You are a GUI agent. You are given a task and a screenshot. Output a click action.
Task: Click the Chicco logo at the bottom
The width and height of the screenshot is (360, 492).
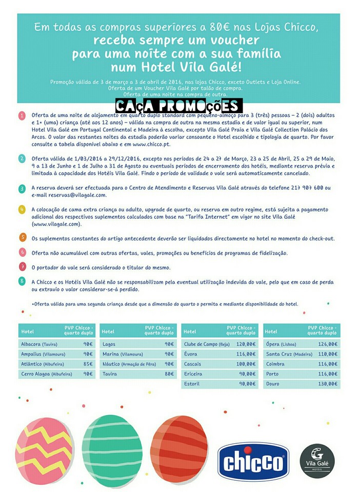tap(253, 463)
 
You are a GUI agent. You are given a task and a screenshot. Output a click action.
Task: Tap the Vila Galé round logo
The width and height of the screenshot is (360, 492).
tap(317, 461)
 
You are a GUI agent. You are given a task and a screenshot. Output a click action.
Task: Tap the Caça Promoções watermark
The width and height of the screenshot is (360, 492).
tap(178, 107)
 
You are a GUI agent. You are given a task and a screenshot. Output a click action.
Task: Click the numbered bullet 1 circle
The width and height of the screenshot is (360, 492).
tap(22, 115)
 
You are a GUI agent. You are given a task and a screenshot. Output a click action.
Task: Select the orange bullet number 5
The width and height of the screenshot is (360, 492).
tap(23, 238)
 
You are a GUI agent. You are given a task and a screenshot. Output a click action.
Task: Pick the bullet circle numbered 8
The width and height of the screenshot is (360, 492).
tap(23, 281)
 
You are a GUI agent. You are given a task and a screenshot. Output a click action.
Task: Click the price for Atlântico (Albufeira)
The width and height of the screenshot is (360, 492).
tap(88, 364)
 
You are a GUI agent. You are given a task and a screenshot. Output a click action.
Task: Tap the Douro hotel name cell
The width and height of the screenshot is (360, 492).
tap(273, 383)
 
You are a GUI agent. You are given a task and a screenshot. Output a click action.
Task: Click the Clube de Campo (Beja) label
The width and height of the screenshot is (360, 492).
tap(207, 344)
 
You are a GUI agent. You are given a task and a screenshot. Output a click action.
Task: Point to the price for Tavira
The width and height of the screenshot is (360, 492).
tap(169, 374)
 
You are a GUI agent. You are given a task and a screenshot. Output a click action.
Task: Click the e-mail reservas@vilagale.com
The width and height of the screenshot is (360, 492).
tap(69, 195)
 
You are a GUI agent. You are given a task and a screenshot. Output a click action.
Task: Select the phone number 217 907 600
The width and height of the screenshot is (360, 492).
tap(302, 188)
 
